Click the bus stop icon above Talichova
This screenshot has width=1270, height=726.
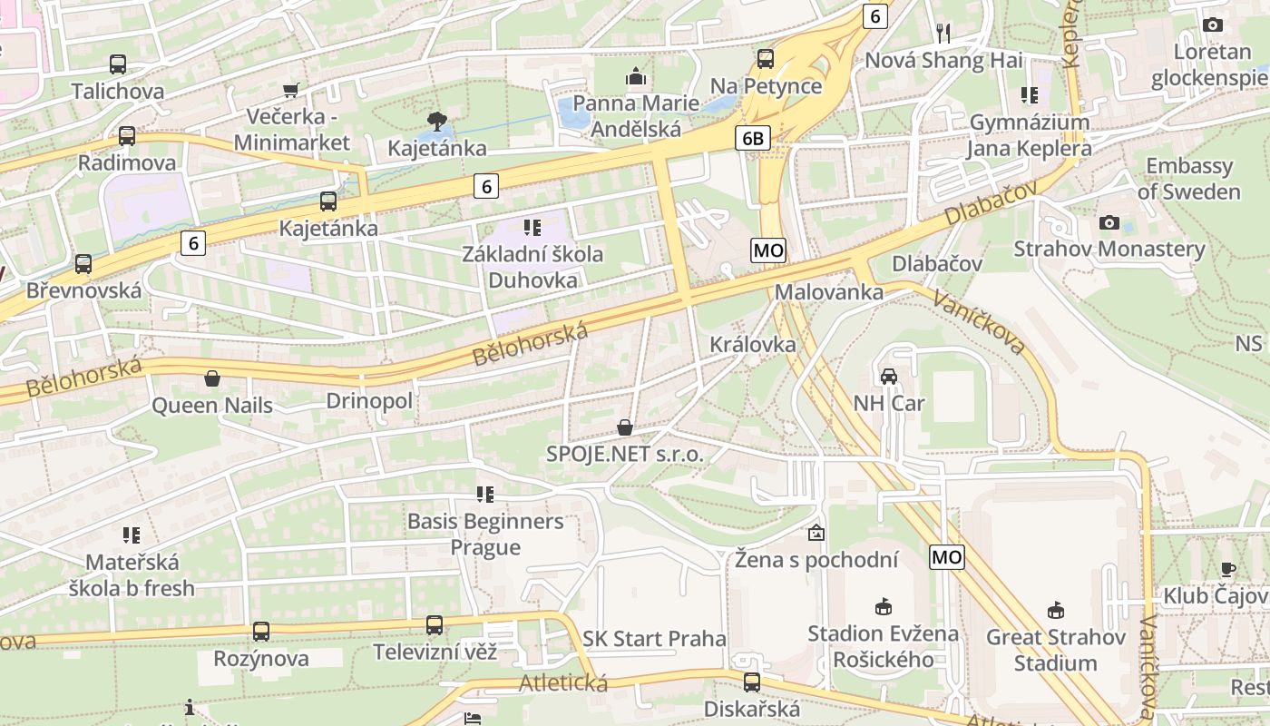click(x=117, y=64)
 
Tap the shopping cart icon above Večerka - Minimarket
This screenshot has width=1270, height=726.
click(x=291, y=90)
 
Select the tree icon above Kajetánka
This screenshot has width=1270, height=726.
click(x=436, y=121)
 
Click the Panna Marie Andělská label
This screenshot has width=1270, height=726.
click(x=636, y=116)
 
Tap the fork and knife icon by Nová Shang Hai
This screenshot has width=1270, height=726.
click(x=943, y=34)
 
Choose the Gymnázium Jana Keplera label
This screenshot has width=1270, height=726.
click(x=1030, y=135)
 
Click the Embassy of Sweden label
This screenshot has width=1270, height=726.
click(x=1189, y=179)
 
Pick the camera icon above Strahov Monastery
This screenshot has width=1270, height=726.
click(x=1109, y=222)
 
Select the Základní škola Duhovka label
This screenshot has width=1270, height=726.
click(x=532, y=267)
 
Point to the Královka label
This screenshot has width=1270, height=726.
click(x=753, y=345)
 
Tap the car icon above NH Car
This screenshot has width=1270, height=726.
click(x=888, y=377)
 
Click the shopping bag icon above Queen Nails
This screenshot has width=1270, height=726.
click(x=212, y=378)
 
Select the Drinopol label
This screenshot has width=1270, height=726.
click(x=369, y=401)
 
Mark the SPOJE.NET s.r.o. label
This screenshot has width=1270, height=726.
click(x=625, y=454)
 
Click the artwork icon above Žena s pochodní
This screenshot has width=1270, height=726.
click(x=816, y=533)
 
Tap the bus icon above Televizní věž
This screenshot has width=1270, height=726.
click(x=435, y=625)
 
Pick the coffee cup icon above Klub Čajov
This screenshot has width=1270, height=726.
click(x=1227, y=570)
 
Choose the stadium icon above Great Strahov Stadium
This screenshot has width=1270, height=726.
click(x=1055, y=610)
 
